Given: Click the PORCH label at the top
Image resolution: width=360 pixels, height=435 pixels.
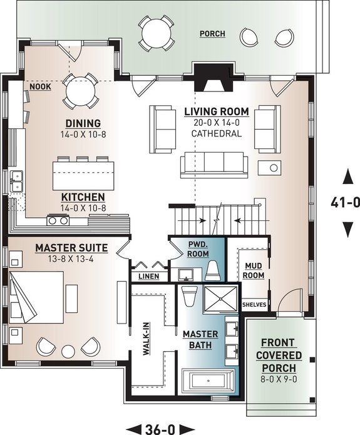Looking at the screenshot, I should tap(212, 33).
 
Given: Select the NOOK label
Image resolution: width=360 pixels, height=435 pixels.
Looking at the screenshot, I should tap(40, 87).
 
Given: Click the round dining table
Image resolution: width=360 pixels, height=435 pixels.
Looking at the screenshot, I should tap(81, 93).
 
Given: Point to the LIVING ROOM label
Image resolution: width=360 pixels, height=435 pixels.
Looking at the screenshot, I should tap(216, 112).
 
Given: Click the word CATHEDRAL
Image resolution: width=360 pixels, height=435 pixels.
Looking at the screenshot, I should tap(216, 134).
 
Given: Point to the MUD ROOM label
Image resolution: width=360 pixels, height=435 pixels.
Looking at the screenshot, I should tap(253, 269).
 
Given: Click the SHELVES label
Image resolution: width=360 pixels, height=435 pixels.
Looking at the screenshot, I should tap(254, 305).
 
